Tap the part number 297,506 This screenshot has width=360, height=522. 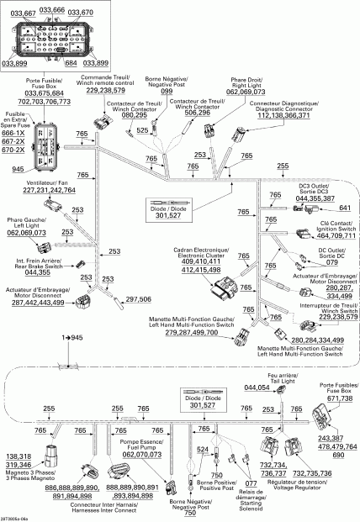coord(139,299)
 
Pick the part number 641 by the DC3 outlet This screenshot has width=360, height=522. coord(343,208)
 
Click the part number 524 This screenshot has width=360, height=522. coord(202,451)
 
